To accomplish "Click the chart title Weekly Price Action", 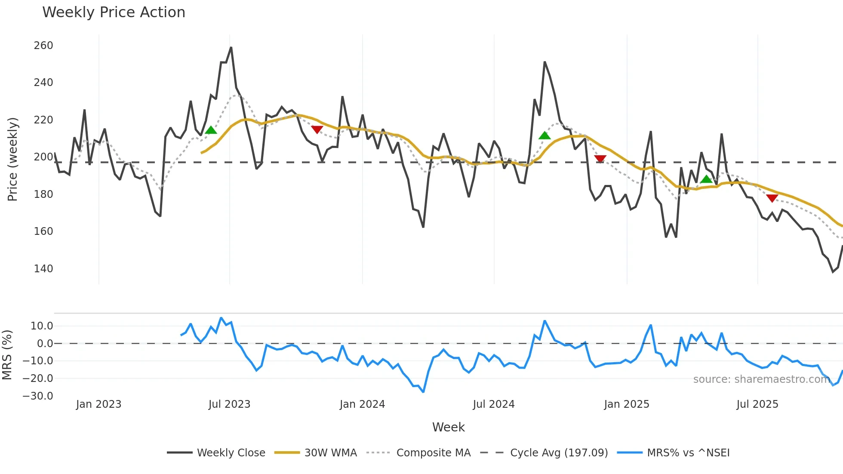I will [114, 12].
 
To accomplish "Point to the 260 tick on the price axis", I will [43, 46].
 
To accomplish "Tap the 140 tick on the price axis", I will [43, 269].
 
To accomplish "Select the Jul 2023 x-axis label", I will [229, 404].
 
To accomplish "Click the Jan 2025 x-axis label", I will [626, 404].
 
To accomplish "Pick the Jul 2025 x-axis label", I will [757, 404].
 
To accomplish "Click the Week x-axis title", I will [448, 427].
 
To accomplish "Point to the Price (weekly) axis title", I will [13, 159].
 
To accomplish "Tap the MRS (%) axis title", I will [7, 355].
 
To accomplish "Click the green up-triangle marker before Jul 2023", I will [211, 130].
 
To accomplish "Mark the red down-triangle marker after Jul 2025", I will [772, 198].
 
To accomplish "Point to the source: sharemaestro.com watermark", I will [762, 379].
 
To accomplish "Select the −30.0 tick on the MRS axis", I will [38, 396].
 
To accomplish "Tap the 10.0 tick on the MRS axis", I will [42, 326].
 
